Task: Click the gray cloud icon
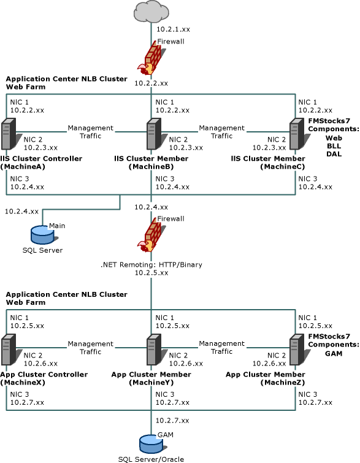151,12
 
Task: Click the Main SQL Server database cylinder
43,235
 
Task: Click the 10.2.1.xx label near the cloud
173,29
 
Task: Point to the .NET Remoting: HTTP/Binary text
151,264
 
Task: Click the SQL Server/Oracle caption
151,459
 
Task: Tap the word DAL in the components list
334,154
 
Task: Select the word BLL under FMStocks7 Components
334,146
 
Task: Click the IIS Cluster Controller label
41,159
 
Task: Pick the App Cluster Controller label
44,375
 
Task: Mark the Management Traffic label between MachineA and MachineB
90,132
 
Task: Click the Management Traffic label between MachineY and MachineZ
222,348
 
